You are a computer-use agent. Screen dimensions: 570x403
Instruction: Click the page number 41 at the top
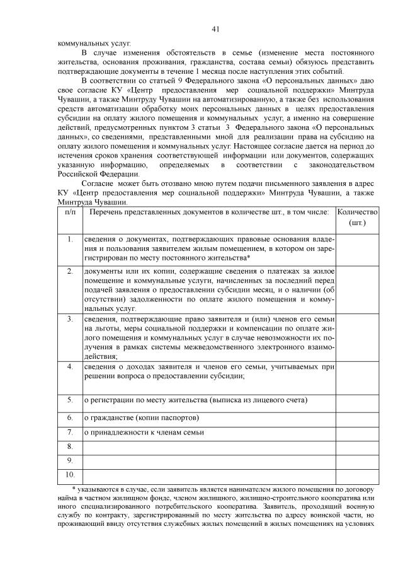point(215,29)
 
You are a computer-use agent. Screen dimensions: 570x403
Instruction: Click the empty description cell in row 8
point(209,446)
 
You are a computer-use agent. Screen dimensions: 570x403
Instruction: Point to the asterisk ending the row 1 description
point(249,258)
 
